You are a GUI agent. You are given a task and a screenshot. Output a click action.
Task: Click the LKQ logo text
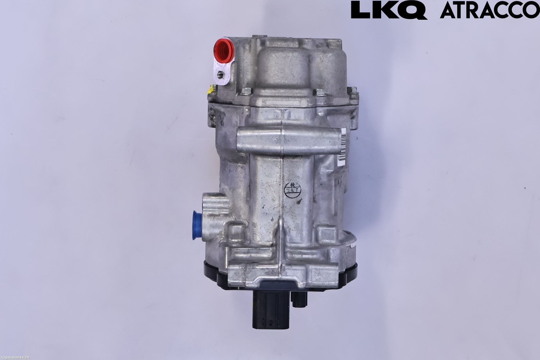[x=389, y=10]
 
